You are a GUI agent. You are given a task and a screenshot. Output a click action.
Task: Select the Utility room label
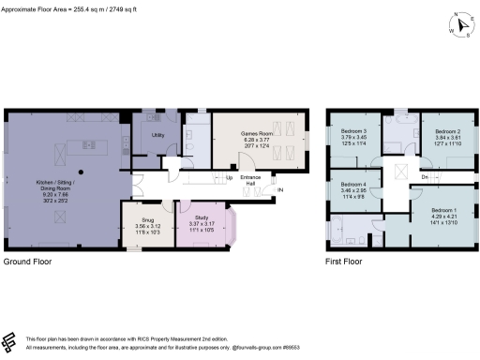tap(157, 135)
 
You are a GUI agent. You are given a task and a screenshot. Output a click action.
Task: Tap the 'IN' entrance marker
tap(279, 190)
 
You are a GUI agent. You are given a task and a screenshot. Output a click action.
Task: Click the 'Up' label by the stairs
tap(229, 177)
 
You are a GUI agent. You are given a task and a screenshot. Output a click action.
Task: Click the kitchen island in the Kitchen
tap(91, 145)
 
